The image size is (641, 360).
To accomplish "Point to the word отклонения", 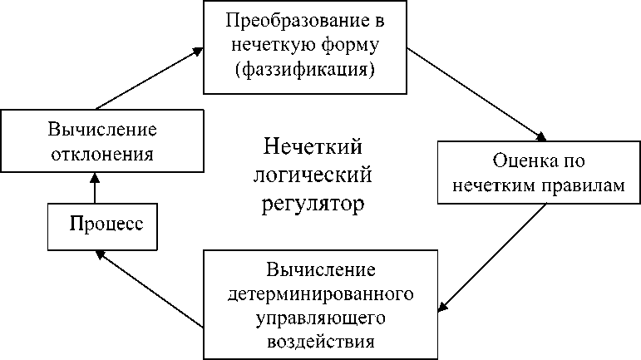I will pyautogui.click(x=101, y=154).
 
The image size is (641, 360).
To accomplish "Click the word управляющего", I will pyautogui.click(x=321, y=317).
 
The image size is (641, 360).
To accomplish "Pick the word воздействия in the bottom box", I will pyautogui.click(x=321, y=340).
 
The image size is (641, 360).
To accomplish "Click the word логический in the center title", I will pyautogui.click(x=312, y=175).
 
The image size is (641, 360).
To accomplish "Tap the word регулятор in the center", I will pyautogui.click(x=312, y=202).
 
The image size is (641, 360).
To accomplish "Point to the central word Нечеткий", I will pyautogui.click(x=312, y=148).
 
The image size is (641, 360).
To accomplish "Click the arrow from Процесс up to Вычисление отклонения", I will pyautogui.click(x=95, y=186).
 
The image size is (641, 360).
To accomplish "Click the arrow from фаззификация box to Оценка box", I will pyautogui.click(x=478, y=96).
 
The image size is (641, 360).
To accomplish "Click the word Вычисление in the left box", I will pyautogui.click(x=101, y=131).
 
